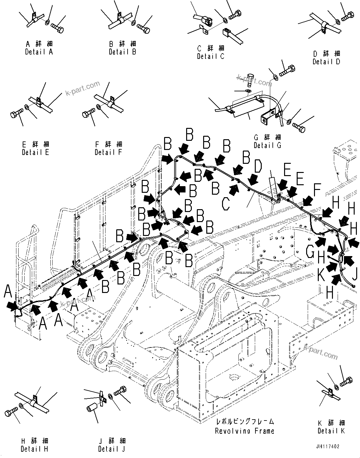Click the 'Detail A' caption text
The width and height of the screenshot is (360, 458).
39,52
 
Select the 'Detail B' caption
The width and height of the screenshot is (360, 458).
122,52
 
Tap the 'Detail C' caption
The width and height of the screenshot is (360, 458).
210,57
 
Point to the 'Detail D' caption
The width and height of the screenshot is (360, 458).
326,62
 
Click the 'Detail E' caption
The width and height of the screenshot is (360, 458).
35,152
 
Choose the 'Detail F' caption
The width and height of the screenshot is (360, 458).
108,152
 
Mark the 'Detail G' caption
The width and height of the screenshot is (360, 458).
267,146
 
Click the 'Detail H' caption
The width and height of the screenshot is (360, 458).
34,449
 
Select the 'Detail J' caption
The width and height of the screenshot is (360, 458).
111,449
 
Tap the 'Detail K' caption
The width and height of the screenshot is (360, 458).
331,431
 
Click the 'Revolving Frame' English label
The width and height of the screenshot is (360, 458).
244,431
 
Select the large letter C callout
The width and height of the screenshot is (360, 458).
226,204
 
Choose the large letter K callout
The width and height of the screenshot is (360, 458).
321,276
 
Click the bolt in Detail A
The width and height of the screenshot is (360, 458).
57,27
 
